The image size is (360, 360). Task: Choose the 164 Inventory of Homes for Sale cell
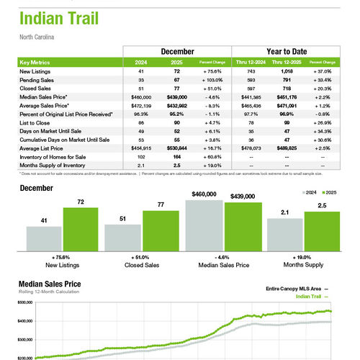click(176, 156)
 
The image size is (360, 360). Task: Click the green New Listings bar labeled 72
click(81, 228)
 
